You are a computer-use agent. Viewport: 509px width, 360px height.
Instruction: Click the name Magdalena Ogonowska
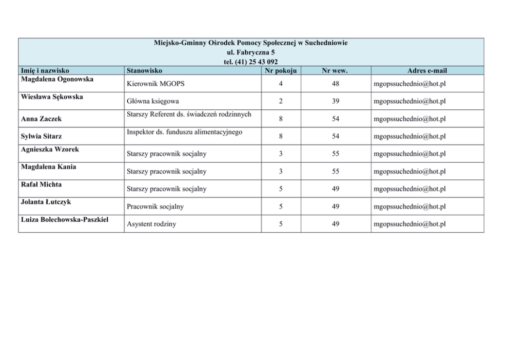pyautogui.click(x=57, y=79)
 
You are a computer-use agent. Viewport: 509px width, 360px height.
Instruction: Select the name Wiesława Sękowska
pyautogui.click(x=52, y=97)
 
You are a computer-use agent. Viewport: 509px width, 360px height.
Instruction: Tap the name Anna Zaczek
pyautogui.click(x=41, y=119)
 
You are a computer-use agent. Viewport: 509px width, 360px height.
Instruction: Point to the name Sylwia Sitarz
pyautogui.click(x=42, y=136)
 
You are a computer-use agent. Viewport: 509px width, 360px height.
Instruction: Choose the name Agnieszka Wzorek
pyautogui.click(x=50, y=149)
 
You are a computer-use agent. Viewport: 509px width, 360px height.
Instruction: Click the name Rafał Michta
pyautogui.click(x=41, y=184)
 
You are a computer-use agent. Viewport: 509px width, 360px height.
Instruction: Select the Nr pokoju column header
pyautogui.click(x=281, y=70)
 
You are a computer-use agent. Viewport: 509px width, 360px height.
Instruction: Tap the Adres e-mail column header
pyautogui.click(x=427, y=70)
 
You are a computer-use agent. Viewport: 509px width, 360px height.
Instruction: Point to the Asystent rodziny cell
pyautogui.click(x=151, y=224)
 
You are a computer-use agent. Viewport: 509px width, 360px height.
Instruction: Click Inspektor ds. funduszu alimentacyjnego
pyautogui.click(x=184, y=132)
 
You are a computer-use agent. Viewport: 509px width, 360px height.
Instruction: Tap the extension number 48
pyautogui.click(x=335, y=83)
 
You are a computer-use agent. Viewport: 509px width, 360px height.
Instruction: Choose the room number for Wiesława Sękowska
pyautogui.click(x=281, y=101)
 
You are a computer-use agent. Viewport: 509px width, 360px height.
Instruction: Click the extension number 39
pyautogui.click(x=335, y=101)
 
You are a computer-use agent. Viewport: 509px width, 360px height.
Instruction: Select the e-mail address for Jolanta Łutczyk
pyautogui.click(x=409, y=206)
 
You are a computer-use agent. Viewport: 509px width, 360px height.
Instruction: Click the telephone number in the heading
pyautogui.click(x=251, y=62)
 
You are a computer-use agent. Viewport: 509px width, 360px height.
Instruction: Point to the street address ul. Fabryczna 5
pyautogui.click(x=251, y=52)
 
